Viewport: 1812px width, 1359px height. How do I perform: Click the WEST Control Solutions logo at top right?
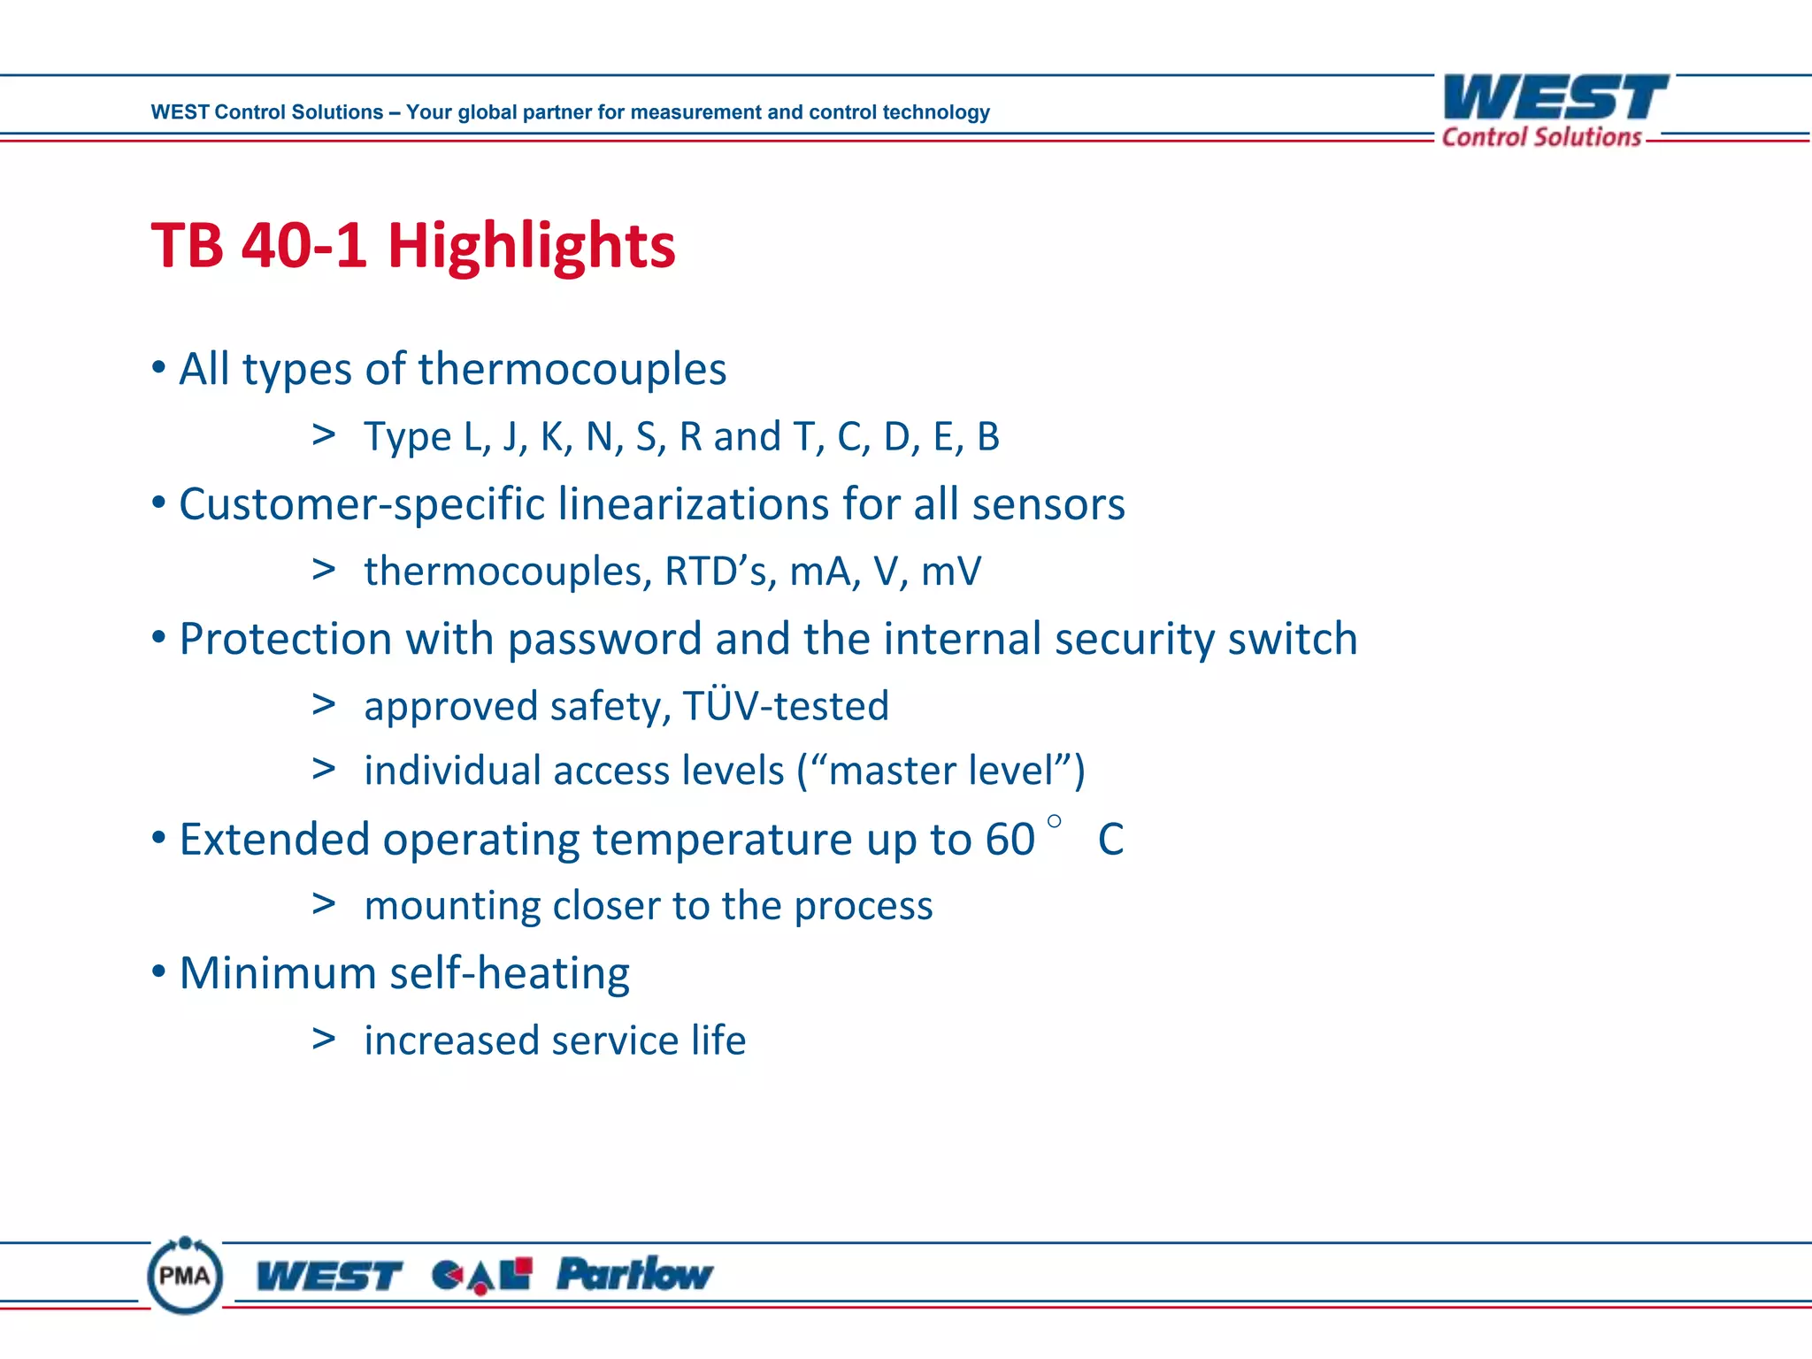[1555, 110]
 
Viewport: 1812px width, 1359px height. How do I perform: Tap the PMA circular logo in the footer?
[185, 1275]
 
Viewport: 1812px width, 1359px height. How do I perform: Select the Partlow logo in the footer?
[633, 1275]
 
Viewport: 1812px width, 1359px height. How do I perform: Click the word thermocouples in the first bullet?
[572, 369]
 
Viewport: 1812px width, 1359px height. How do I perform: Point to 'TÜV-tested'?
[785, 706]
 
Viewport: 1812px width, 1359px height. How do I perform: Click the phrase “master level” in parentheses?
[942, 771]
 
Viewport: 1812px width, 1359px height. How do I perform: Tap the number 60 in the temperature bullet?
[1010, 840]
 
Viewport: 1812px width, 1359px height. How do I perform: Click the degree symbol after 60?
[1054, 821]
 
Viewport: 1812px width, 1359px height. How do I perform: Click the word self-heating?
[509, 974]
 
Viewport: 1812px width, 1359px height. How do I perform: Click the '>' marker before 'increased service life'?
[324, 1039]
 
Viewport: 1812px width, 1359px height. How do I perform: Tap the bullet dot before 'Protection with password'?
[158, 639]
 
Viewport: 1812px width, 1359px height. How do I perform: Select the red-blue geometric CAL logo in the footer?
[481, 1275]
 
